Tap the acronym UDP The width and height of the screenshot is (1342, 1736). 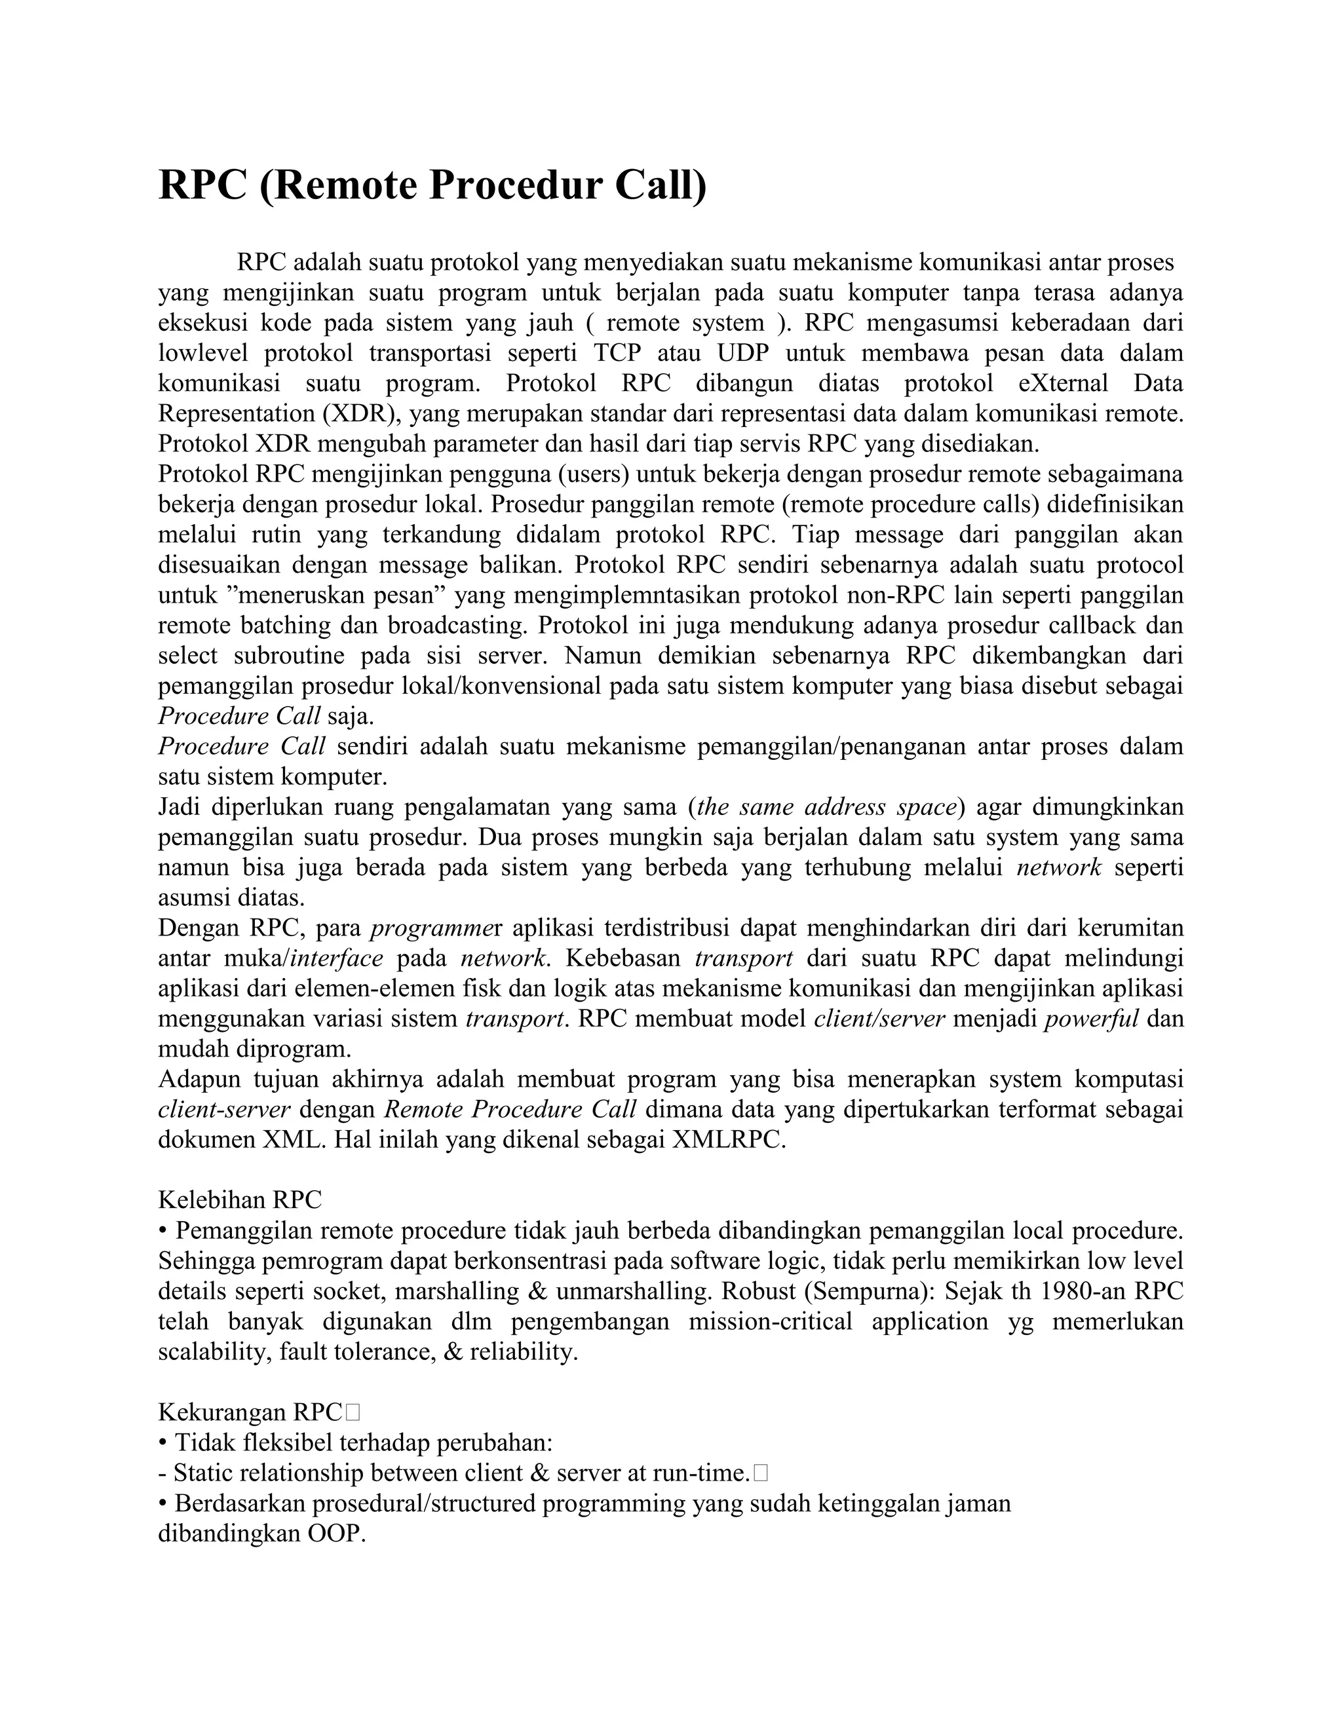[742, 353]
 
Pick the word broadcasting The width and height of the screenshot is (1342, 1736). [456, 625]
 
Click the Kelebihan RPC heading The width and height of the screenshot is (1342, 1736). [240, 1200]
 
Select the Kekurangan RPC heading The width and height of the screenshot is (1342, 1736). [250, 1412]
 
